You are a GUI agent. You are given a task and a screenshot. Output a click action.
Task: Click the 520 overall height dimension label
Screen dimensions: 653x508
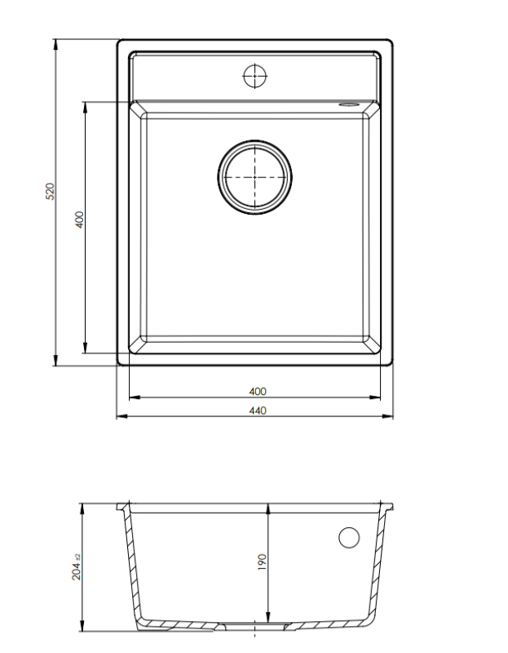pos(49,193)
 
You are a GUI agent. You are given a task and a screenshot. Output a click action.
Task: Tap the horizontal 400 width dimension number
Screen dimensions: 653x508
pos(257,392)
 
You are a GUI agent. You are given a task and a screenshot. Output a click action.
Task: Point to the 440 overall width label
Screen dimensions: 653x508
pos(257,411)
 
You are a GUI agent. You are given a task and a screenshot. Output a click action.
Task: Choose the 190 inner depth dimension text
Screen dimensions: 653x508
pos(262,562)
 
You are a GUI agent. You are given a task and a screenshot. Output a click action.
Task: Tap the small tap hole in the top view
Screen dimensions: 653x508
pos(255,75)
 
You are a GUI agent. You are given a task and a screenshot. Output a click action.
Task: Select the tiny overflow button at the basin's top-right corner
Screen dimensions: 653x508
pos(349,104)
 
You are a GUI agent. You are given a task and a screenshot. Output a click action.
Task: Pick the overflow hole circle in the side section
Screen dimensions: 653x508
pos(348,537)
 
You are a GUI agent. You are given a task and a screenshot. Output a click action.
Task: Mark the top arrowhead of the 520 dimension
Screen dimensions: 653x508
pos(55,43)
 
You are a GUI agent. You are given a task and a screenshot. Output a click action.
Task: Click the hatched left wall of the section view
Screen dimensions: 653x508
pos(130,563)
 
